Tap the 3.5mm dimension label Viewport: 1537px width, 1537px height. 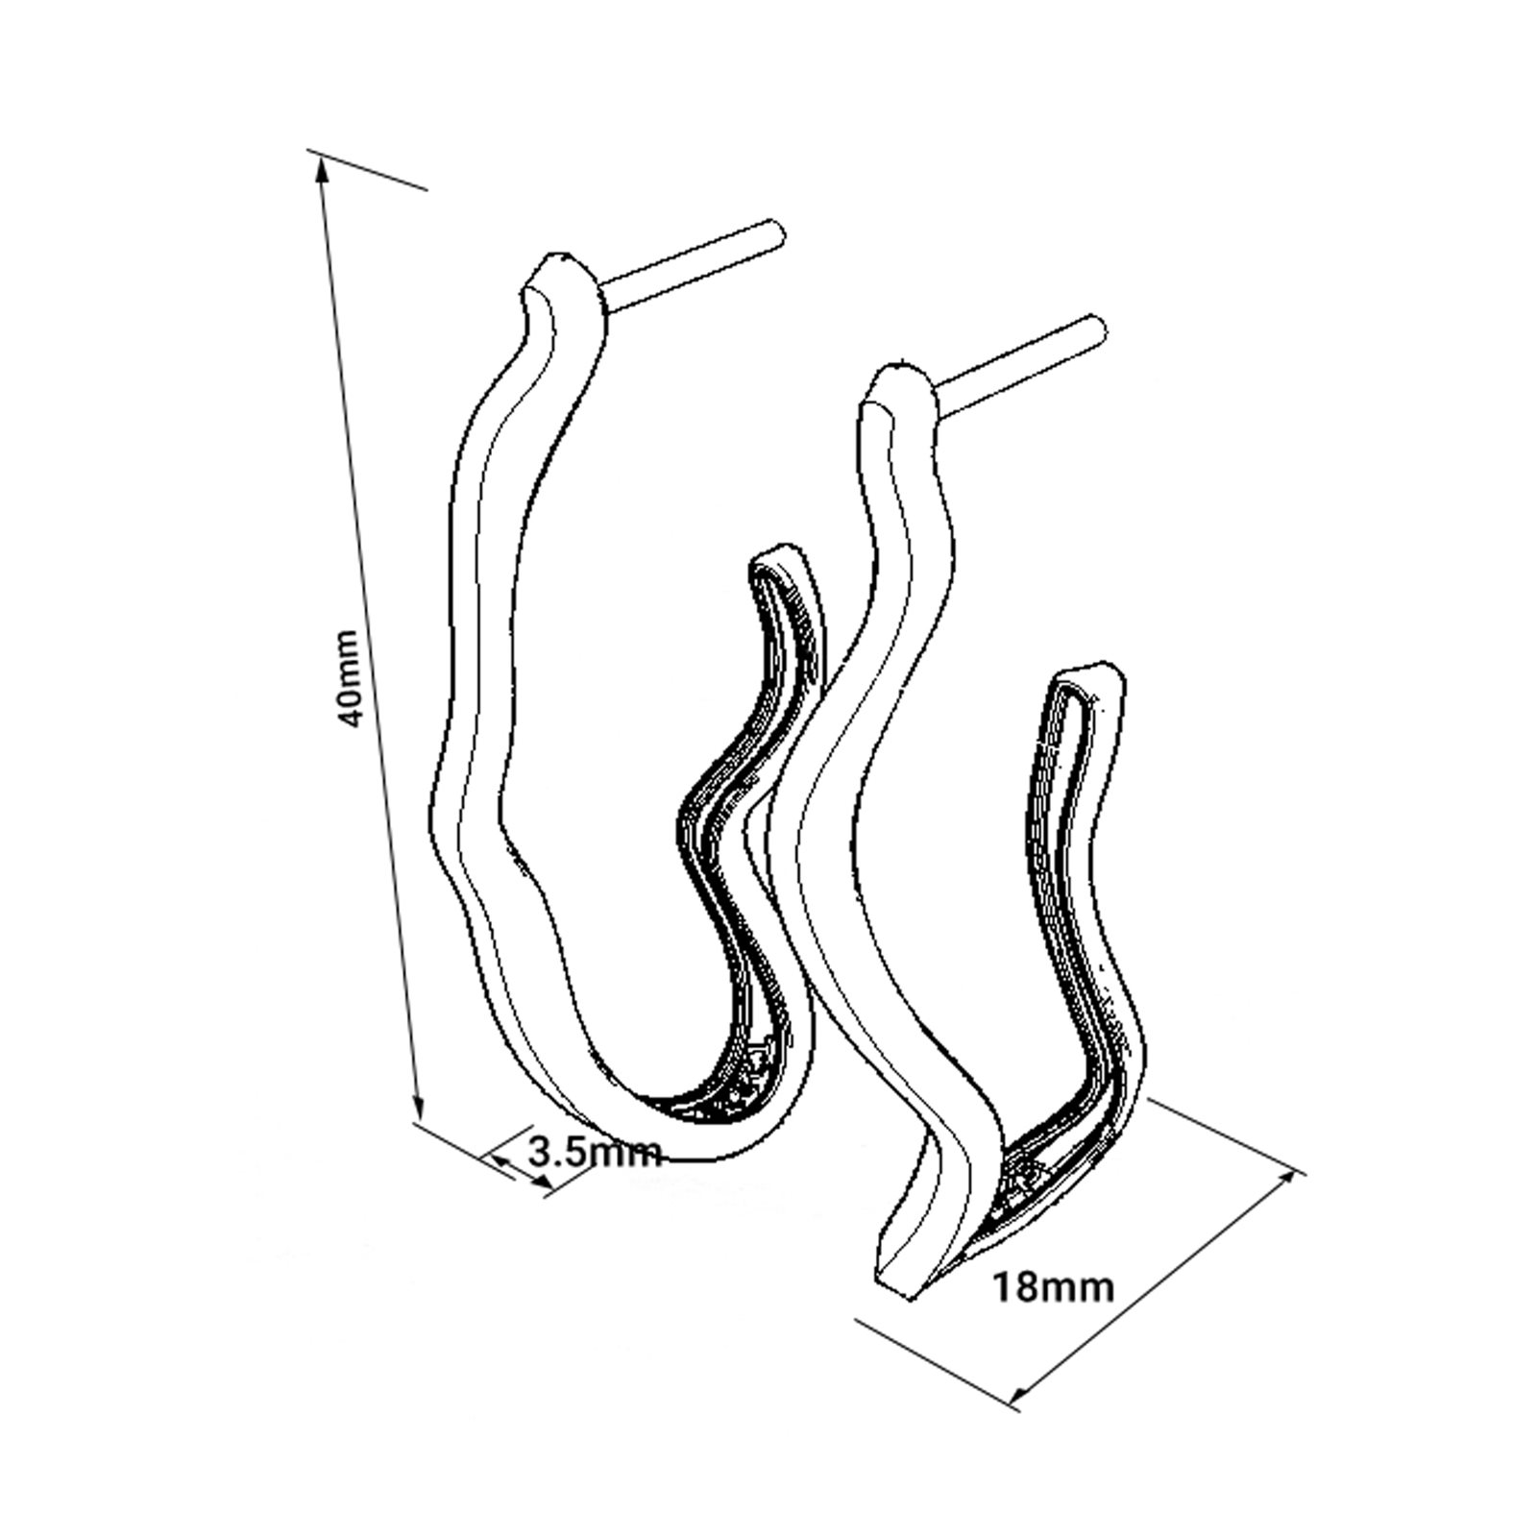tap(595, 1150)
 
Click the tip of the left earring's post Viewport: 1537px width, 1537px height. tap(779, 230)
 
